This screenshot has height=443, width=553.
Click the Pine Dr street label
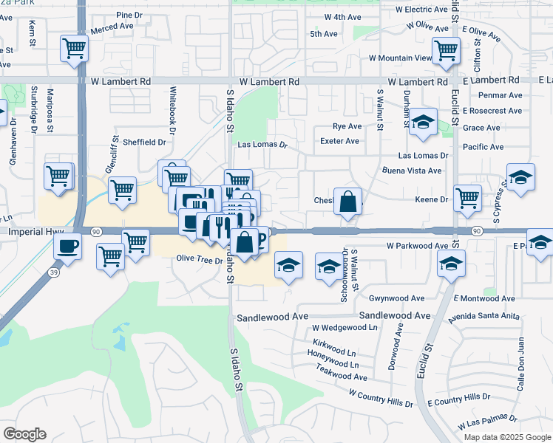pyautogui.click(x=129, y=15)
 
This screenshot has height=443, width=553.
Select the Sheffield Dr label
pyautogui.click(x=144, y=142)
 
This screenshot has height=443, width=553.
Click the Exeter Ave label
pyautogui.click(x=339, y=141)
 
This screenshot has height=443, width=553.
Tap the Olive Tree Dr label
pyautogui.click(x=199, y=258)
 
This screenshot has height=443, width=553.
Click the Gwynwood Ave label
pyautogui.click(x=397, y=298)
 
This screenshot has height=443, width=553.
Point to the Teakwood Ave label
pyautogui.click(x=341, y=376)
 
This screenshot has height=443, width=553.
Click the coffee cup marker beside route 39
pyautogui.click(x=69, y=245)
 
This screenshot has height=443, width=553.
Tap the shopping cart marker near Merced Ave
pyautogui.click(x=75, y=49)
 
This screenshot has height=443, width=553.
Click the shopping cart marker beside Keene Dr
pyautogui.click(x=467, y=198)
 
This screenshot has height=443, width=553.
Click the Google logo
pyautogui.click(x=24, y=434)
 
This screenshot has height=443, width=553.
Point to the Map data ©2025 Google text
pyautogui.click(x=506, y=437)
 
